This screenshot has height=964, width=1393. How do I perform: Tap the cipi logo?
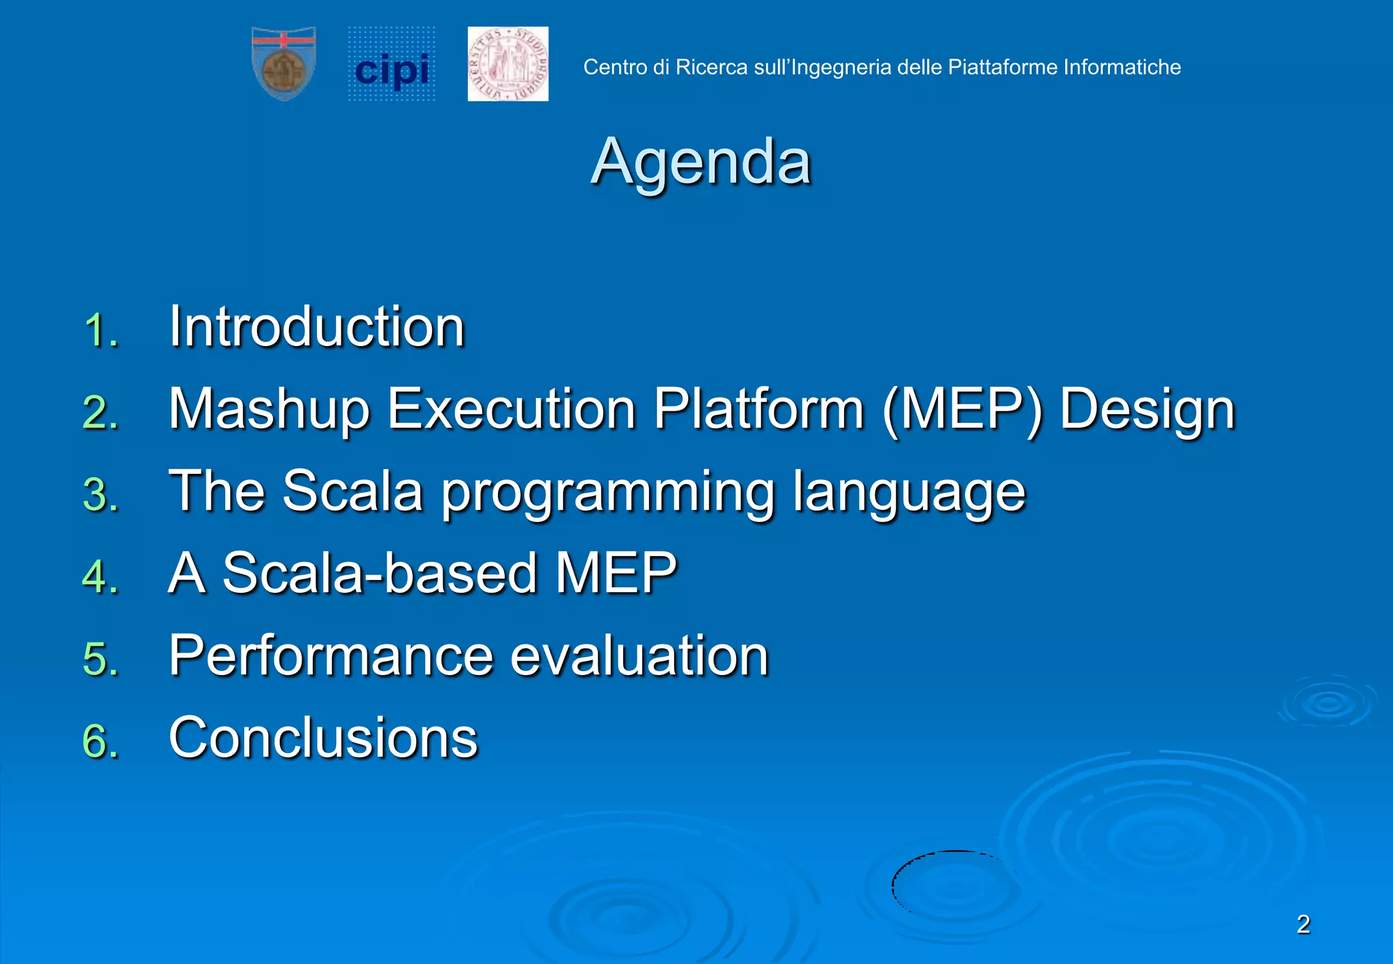coord(392,65)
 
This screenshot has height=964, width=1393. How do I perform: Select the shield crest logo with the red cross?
coord(284,64)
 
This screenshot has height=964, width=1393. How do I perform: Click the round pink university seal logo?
coord(508,64)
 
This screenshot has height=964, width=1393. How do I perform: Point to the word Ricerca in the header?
coord(711,67)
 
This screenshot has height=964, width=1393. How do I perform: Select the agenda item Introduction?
coord(317,327)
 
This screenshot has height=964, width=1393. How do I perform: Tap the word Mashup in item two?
coord(269,410)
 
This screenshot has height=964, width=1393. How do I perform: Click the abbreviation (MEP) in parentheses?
coord(962,410)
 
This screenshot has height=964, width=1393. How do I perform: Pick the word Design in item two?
coord(1147,410)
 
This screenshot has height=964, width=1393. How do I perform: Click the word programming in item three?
coord(608,493)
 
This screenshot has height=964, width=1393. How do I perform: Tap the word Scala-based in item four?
coord(380,573)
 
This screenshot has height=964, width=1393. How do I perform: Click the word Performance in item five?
coord(331,655)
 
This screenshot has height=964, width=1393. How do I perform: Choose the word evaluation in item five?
coord(639,655)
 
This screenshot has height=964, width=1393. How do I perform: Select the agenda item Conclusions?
coord(324,738)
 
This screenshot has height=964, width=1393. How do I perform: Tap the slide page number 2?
coord(1303,925)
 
